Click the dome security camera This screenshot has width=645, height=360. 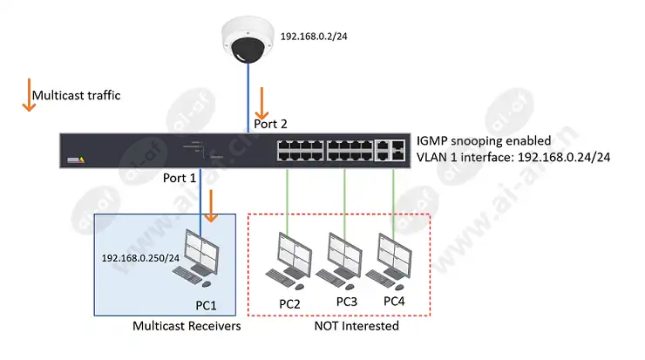point(248,40)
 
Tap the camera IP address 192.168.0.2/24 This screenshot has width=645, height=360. point(314,37)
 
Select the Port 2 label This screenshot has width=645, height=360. point(270,124)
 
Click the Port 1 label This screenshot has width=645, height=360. point(180,178)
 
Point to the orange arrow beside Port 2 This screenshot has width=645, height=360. point(261,103)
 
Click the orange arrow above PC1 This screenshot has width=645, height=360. point(211,206)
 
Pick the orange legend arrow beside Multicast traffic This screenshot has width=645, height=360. point(29,95)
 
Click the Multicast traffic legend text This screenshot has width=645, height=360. point(77,96)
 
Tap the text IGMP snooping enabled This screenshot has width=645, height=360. point(484,140)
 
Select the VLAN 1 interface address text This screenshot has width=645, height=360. point(513,157)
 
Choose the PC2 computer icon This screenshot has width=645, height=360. point(289,261)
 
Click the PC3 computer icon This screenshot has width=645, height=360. point(339,261)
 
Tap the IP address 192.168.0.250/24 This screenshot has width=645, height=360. point(140,258)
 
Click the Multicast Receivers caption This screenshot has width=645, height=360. point(187,326)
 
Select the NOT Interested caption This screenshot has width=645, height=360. point(356,326)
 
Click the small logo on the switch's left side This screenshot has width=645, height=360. point(76,160)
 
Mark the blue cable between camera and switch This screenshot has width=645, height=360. point(248,98)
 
